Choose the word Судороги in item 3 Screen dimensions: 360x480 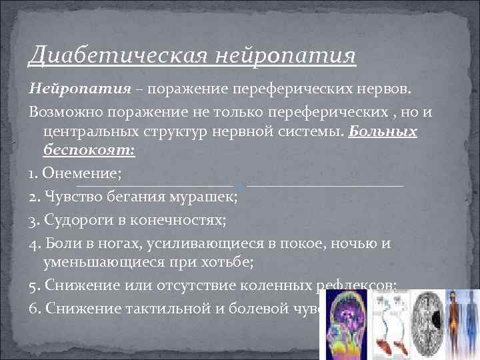click(x=75, y=221)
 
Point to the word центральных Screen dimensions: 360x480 click(x=88, y=131)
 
